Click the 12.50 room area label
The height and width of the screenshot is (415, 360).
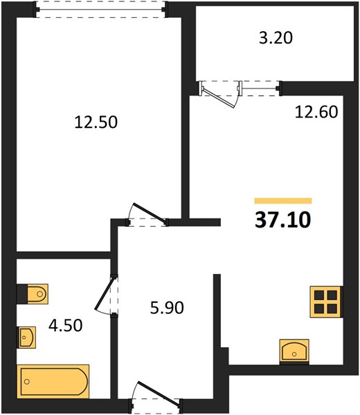(96, 122)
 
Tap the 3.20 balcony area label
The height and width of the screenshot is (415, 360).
(276, 38)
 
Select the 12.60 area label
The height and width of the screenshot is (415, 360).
(316, 111)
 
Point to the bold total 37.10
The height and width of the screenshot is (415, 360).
(282, 220)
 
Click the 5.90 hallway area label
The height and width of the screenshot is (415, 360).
(167, 308)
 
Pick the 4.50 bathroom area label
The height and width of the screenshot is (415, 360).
(66, 325)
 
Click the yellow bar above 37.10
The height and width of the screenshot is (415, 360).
(283, 201)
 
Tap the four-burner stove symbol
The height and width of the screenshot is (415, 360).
(326, 302)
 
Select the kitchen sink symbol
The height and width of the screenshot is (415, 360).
(294, 351)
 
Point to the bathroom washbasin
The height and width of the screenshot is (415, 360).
(26, 338)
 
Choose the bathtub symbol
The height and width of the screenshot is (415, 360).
(53, 381)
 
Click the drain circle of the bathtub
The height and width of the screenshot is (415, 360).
(27, 381)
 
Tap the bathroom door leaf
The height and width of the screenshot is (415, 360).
(106, 293)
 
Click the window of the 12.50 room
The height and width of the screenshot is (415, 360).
(100, 10)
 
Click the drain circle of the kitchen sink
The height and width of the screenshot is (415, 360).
(294, 354)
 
